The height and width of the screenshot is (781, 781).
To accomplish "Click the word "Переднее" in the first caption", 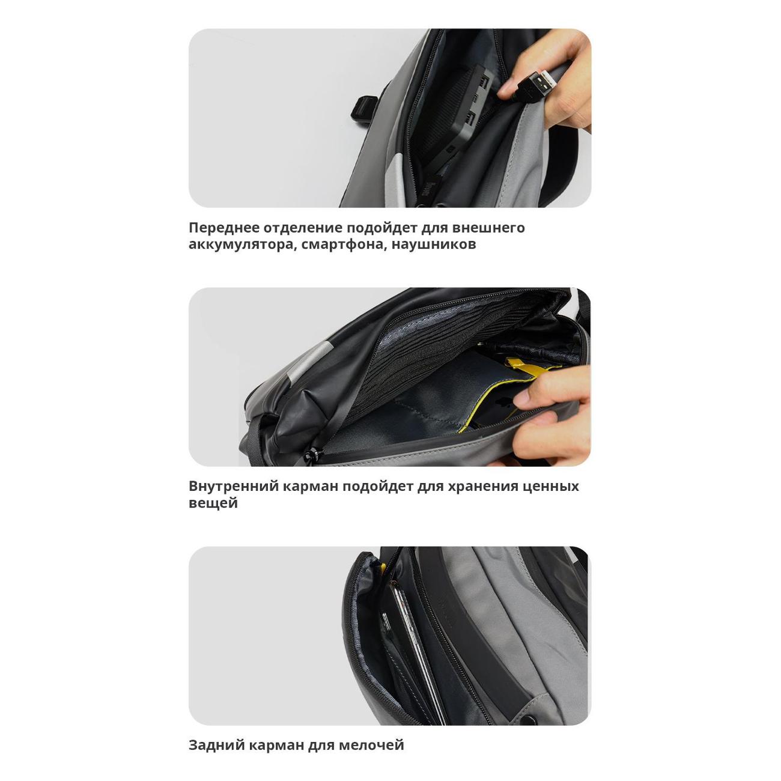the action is click(x=223, y=228).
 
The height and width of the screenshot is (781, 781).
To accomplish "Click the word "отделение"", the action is click(x=302, y=228).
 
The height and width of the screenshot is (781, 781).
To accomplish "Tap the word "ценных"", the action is click(x=551, y=487).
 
